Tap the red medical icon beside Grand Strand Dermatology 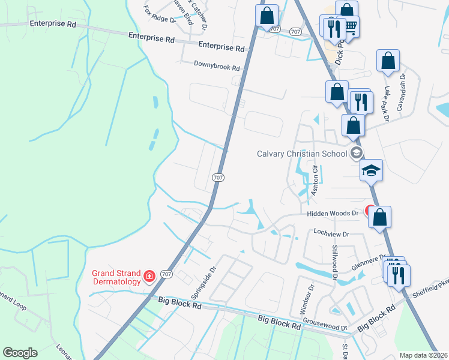[149, 277]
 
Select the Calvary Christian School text [302, 153]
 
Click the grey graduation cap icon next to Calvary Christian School [357, 153]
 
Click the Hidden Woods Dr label [333, 213]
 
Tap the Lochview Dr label [331, 233]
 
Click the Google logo [20, 353]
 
